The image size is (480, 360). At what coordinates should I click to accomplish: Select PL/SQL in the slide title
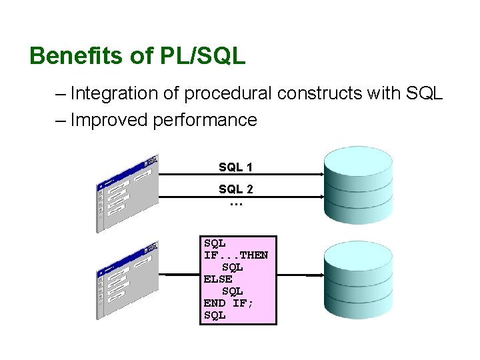point(203,56)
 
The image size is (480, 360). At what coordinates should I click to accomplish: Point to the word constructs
point(321,93)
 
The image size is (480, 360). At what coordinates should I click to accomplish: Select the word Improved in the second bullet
point(109,120)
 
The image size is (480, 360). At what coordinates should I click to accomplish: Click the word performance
point(205,120)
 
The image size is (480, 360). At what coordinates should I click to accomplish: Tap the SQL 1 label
point(235,167)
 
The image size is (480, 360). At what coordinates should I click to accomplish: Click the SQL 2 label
point(235,189)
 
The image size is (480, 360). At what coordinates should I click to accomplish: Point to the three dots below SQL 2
point(235,203)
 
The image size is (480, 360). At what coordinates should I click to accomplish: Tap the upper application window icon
point(127,193)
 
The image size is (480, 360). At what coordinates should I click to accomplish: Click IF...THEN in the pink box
point(236,255)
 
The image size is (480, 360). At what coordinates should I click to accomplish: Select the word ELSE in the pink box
point(218,279)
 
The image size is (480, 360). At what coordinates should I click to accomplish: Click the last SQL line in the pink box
point(215,315)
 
